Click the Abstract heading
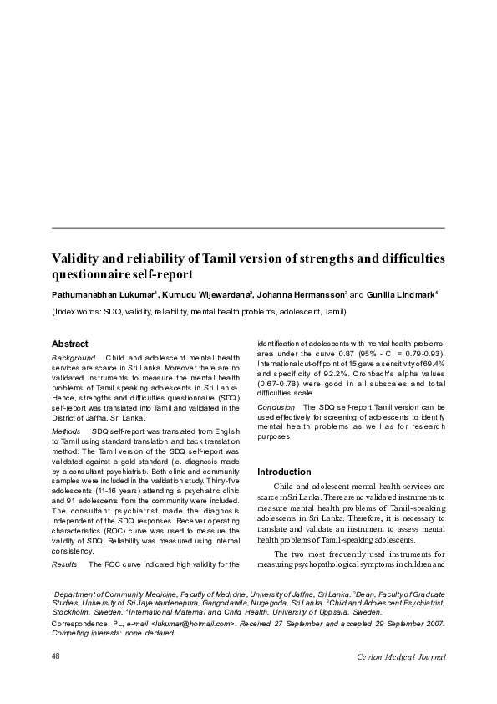pos(70,344)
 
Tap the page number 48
pos(57,656)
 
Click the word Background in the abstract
pos(74,358)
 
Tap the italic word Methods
pos(67,431)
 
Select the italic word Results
pos(65,565)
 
